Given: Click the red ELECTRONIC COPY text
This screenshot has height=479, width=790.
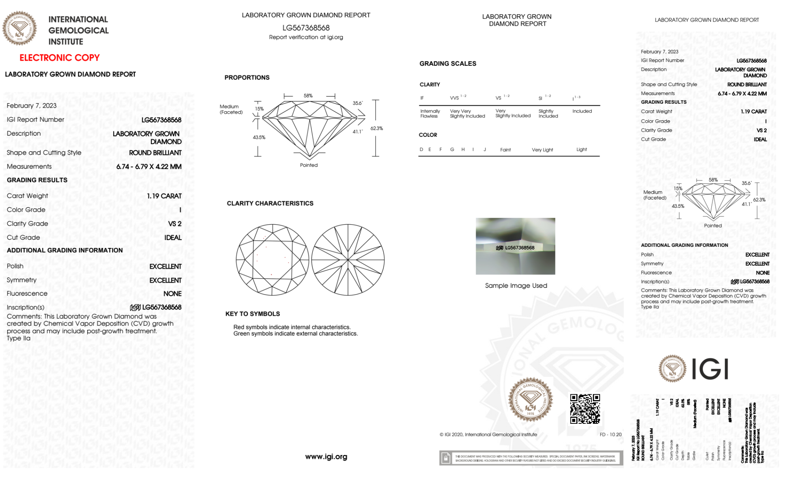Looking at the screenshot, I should pos(60,58).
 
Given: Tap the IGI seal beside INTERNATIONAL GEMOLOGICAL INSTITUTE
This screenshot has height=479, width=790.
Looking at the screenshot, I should pos(19,28).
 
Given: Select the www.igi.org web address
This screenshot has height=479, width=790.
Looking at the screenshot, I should pos(326,457).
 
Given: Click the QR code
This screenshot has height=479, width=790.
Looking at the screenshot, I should pos(585,408).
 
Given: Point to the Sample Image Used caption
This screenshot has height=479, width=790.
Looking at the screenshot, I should pos(516,285).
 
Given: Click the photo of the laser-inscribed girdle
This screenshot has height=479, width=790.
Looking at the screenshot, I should pos(515,246).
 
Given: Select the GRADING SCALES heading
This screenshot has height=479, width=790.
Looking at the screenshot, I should pos(448,63).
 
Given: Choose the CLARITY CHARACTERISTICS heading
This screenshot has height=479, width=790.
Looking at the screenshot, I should pos(270,203).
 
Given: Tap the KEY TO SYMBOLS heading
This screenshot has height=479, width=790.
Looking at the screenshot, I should pos(253,314).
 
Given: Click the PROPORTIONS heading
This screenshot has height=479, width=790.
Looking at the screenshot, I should pos(247,78).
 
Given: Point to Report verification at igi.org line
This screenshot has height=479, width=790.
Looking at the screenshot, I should pos(306,37).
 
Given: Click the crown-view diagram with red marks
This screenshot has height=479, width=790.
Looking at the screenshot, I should pos(272,260).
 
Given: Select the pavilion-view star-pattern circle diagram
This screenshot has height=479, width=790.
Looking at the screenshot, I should pos(348,260).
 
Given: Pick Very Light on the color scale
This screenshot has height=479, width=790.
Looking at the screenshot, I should pos(542,150).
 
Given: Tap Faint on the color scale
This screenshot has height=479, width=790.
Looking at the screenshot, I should pos(505,150).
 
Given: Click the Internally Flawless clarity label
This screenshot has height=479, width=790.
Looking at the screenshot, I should pos(430,114).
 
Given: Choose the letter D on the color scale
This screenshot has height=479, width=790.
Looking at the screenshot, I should pos(421,149).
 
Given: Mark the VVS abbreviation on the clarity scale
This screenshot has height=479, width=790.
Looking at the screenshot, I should pos(454,98).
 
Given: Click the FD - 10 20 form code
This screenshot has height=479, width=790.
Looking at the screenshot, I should pos(610,434).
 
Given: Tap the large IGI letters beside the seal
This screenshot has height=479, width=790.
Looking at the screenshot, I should pos(710,369).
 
